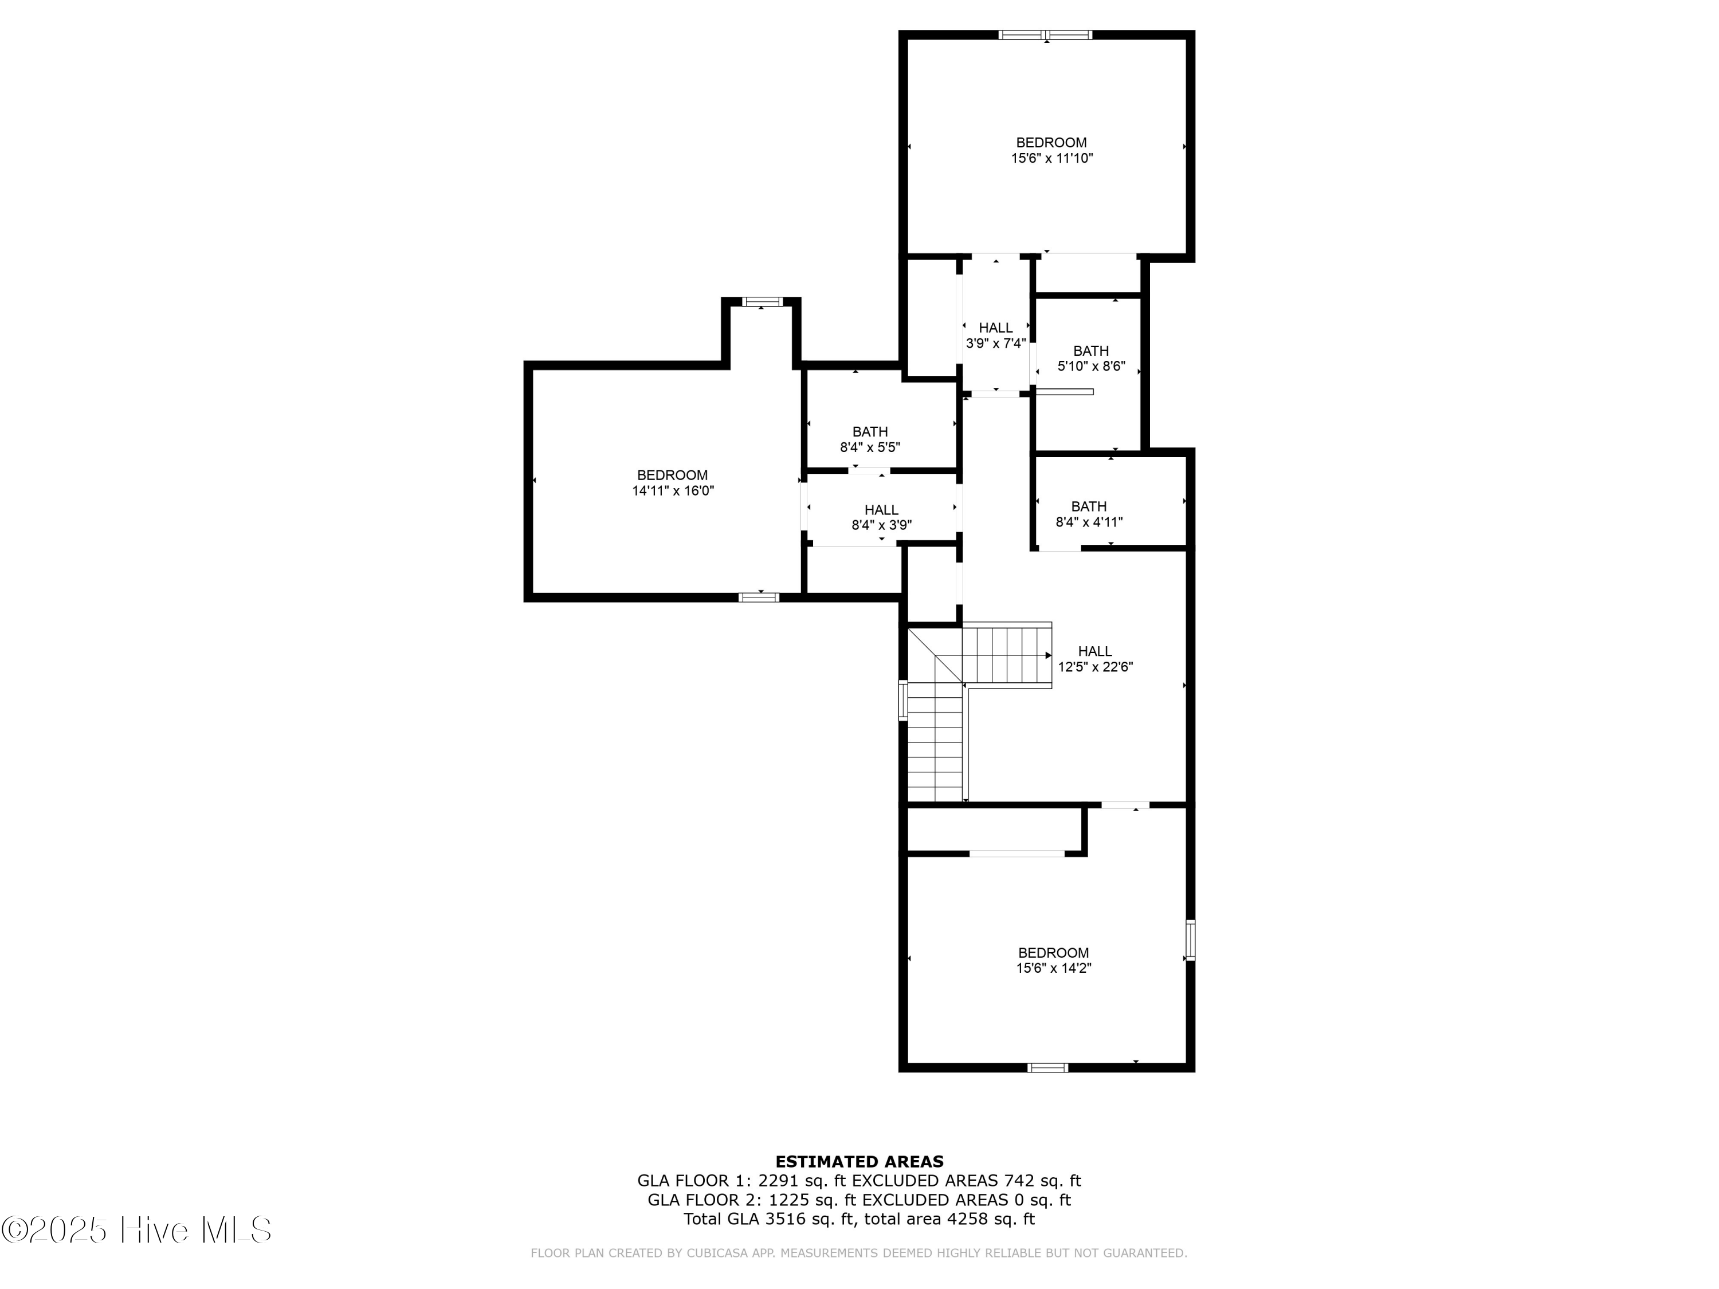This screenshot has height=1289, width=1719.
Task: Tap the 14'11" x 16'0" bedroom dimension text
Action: pos(673,491)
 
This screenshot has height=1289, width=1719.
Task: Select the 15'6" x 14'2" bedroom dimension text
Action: pos(1054,968)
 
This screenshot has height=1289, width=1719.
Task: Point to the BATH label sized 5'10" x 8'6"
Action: pos(1091,351)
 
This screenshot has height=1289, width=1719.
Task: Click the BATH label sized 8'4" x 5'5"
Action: pos(870,432)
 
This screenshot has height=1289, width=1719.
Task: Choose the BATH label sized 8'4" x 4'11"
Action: pos(1089,506)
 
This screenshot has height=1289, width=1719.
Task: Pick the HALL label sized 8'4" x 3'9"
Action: pos(881,510)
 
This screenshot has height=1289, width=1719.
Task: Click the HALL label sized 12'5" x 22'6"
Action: pos(1095,651)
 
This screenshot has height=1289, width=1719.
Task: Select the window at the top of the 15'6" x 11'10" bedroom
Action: pos(1045,35)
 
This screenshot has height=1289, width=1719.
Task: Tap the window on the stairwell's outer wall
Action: pos(903,701)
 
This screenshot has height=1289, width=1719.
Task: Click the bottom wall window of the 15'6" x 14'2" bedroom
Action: pos(1047,1067)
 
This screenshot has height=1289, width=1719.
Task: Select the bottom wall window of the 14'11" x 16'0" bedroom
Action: pos(759,598)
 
